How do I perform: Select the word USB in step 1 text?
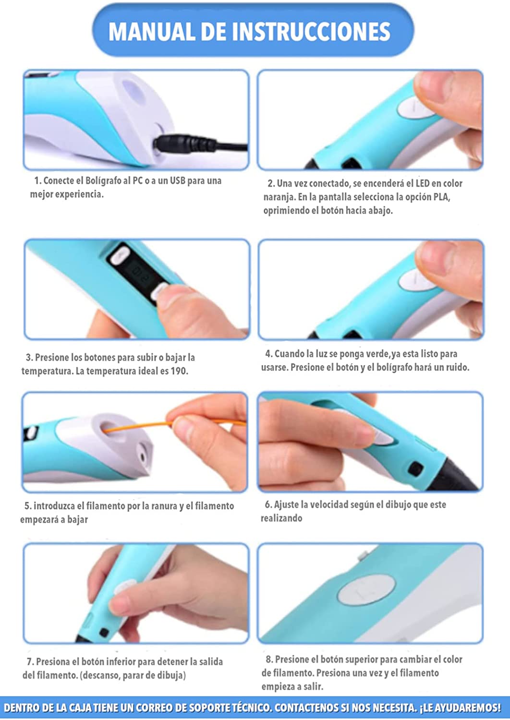point(178,180)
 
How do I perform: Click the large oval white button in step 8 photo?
point(366,589)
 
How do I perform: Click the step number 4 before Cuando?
point(268,354)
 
